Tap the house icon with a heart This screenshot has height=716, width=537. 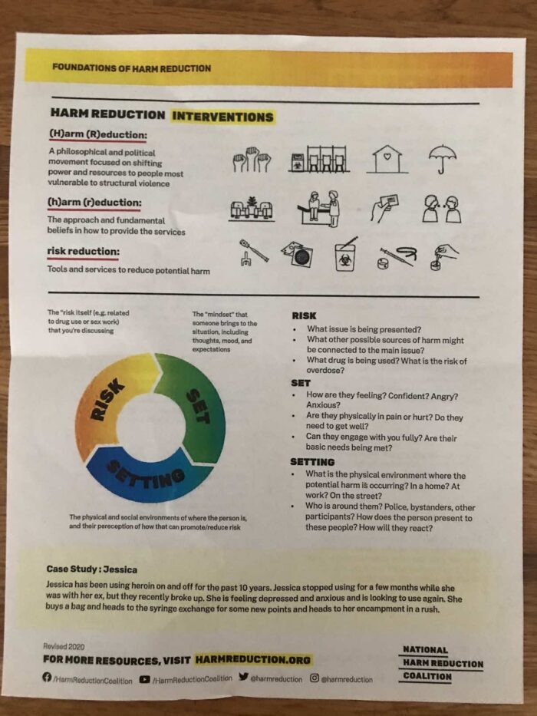click(x=387, y=158)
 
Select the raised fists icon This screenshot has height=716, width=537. click(x=252, y=159)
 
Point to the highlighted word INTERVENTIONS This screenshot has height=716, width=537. click(x=222, y=117)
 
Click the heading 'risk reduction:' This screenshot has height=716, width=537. click(x=83, y=252)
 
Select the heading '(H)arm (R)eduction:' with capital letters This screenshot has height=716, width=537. click(x=97, y=135)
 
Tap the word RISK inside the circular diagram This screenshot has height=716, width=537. click(x=107, y=399)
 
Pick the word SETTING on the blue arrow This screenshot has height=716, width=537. click(x=146, y=473)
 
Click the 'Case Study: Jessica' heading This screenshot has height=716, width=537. click(x=91, y=569)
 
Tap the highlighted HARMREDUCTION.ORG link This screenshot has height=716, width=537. click(x=252, y=660)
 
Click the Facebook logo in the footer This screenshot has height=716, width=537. click(x=47, y=677)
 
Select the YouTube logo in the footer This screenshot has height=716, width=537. click(x=145, y=679)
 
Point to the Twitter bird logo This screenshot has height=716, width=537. click(x=243, y=677)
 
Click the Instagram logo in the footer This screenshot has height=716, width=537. click(x=315, y=678)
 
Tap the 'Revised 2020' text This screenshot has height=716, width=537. click(x=64, y=646)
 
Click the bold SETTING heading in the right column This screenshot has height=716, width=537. click(x=312, y=462)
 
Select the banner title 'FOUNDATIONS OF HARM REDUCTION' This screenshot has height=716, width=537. click(x=131, y=68)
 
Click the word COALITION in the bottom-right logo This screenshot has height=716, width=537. click(x=427, y=676)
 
